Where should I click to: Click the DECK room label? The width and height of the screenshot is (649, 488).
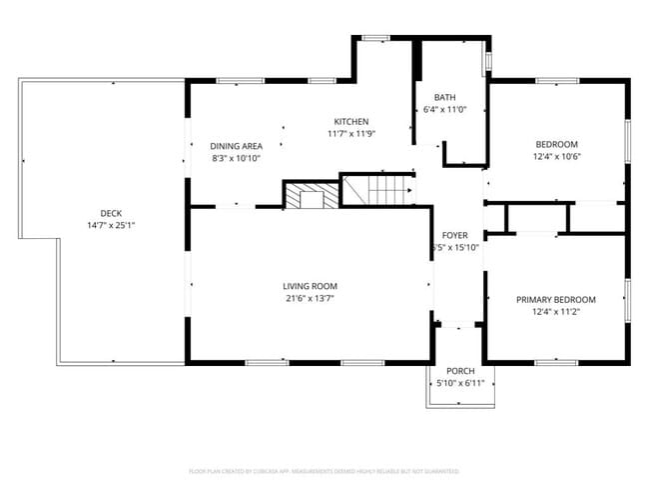pos(111,212)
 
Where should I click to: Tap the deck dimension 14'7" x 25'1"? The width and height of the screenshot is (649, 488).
pos(111,225)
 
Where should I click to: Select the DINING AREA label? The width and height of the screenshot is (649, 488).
pos(237,146)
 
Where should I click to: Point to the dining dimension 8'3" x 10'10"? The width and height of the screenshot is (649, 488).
pos(237,158)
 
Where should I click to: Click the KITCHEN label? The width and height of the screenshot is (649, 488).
pos(350,121)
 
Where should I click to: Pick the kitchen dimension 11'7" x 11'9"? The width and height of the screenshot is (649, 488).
pos(350,133)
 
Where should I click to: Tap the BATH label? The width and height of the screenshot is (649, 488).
pos(444,97)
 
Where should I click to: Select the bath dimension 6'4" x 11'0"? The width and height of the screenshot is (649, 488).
pos(444,109)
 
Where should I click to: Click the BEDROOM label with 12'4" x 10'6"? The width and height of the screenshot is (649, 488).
pos(556,143)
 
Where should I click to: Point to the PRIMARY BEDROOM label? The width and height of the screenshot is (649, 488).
pos(555,299)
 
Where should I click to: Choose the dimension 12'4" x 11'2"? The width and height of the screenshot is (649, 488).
pos(555,311)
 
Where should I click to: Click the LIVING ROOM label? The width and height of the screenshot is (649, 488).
pos(310,286)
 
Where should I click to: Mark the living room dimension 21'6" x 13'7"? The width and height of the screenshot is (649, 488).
pos(310,298)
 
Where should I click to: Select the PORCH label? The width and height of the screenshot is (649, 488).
pos(460,370)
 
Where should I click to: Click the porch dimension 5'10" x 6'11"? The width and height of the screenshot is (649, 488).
pos(460,382)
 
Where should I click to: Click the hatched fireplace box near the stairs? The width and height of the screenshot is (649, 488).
pos(312,196)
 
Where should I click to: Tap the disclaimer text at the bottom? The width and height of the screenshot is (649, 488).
pos(324,470)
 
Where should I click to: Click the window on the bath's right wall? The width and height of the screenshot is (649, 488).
pos(487,62)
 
